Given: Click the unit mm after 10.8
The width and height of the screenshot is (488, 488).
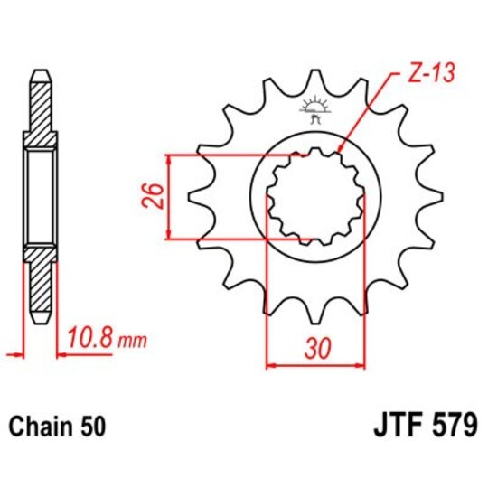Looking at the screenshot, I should (131, 343).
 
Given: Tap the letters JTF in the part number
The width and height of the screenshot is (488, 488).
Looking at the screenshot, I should (397, 426).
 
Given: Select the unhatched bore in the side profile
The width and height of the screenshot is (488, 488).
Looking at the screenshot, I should (42, 196).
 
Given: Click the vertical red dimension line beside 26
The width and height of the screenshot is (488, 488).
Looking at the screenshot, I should (168, 196).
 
